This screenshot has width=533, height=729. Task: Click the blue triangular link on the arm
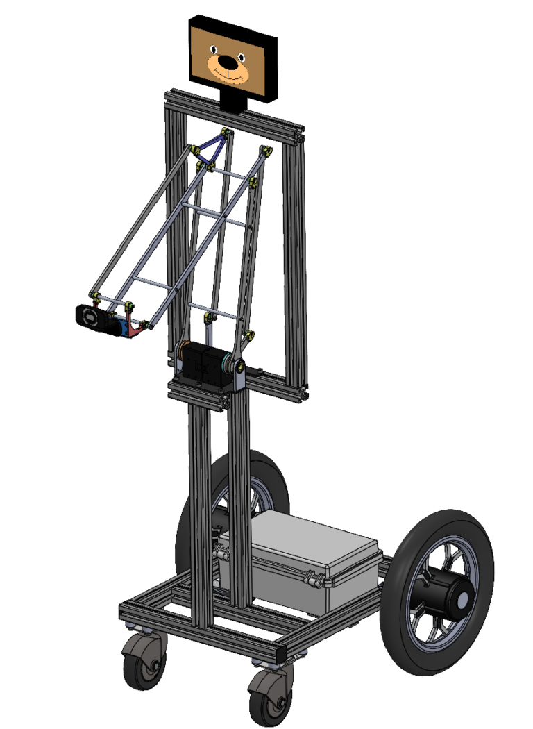tap(211, 151)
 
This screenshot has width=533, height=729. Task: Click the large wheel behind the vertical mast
tap(267, 479)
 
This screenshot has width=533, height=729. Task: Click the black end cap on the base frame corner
tap(281, 653)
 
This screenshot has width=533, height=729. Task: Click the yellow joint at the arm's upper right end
tap(266, 150)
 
